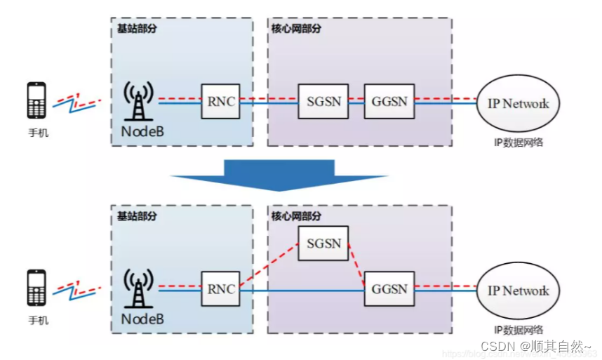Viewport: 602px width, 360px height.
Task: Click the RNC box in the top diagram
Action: (x=218, y=101)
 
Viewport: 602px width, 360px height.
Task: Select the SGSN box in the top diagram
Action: (x=323, y=101)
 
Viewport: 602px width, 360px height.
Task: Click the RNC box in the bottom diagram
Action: (x=218, y=288)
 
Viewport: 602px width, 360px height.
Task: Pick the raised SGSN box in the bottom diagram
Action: (x=323, y=244)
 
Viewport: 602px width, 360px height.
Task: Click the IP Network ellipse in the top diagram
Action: (x=519, y=103)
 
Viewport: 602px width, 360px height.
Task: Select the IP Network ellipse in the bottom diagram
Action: (x=519, y=291)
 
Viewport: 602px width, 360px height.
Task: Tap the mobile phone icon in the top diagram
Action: (x=36, y=100)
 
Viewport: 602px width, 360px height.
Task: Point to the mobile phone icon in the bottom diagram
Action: (x=36, y=288)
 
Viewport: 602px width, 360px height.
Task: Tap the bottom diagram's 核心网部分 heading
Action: (x=296, y=217)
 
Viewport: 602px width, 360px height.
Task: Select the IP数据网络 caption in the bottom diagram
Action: (x=519, y=330)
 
